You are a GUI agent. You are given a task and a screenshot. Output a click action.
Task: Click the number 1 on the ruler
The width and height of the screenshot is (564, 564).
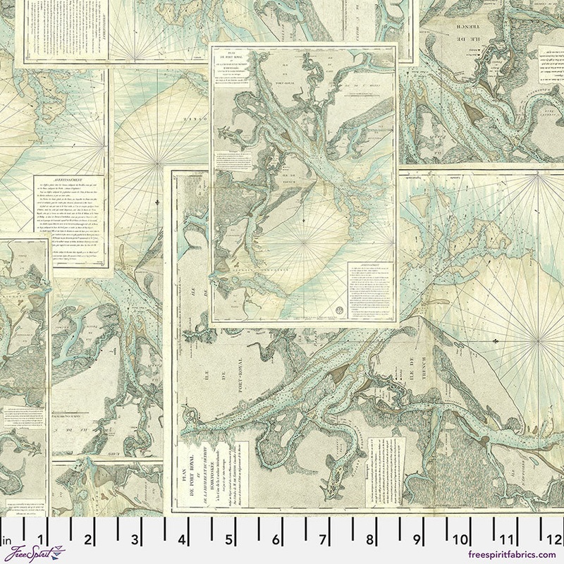click(42, 541)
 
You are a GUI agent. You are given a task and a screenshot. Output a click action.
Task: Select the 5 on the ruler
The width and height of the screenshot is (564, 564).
click(229, 541)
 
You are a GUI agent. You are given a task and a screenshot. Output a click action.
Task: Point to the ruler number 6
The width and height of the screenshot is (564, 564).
click(276, 541)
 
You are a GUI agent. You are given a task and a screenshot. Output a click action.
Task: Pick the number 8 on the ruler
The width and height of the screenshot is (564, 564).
click(369, 541)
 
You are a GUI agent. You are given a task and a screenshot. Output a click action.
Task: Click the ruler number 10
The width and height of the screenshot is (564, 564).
click(462, 541)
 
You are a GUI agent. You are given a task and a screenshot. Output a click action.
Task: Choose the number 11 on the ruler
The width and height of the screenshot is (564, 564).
click(508, 541)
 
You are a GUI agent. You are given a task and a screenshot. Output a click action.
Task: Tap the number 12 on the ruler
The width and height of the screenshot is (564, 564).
click(553, 541)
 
